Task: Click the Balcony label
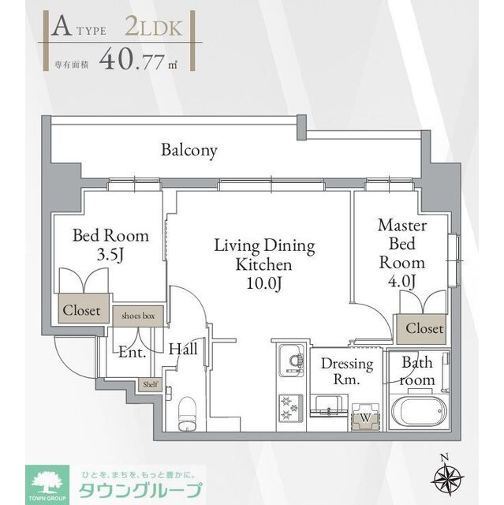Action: (189, 150)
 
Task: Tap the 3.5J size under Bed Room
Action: (110, 255)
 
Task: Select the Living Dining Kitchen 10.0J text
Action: (264, 264)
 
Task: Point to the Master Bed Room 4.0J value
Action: (401, 281)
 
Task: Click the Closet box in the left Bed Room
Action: (81, 310)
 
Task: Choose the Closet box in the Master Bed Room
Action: (424, 328)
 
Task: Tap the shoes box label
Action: (138, 316)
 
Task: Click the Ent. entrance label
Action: (133, 353)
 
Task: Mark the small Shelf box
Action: (149, 384)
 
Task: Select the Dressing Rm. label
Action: (347, 372)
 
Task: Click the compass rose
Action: (446, 475)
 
